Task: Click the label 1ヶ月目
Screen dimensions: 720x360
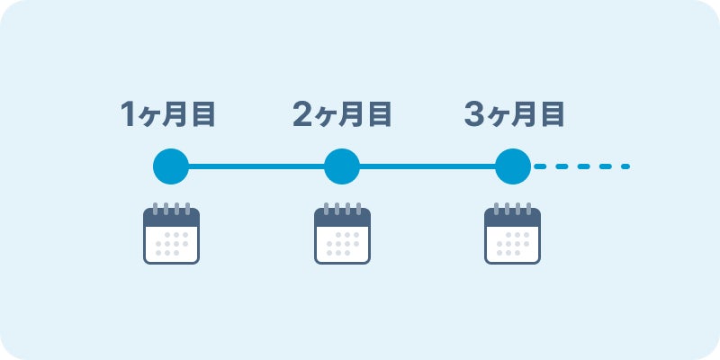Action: (x=171, y=114)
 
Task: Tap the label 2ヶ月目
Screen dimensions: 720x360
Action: (x=342, y=114)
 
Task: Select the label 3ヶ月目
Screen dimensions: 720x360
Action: (x=514, y=114)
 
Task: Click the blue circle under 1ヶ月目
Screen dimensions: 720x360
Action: (x=171, y=166)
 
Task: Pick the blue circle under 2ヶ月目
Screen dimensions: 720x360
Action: (x=342, y=166)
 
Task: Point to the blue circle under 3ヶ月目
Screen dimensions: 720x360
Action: (x=513, y=166)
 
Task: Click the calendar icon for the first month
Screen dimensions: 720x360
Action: (x=171, y=235)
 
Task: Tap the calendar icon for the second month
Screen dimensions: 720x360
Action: (x=342, y=235)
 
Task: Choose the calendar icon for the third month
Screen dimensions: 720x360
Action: (x=513, y=235)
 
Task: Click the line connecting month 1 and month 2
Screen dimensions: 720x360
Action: (x=256, y=166)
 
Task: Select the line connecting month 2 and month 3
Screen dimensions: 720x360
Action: (x=427, y=166)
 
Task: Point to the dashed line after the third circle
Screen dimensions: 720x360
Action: (x=581, y=166)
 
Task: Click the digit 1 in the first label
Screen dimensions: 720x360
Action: (x=130, y=115)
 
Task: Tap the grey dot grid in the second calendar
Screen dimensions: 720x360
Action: (x=342, y=244)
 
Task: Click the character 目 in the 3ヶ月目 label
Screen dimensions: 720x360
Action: (x=553, y=114)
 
